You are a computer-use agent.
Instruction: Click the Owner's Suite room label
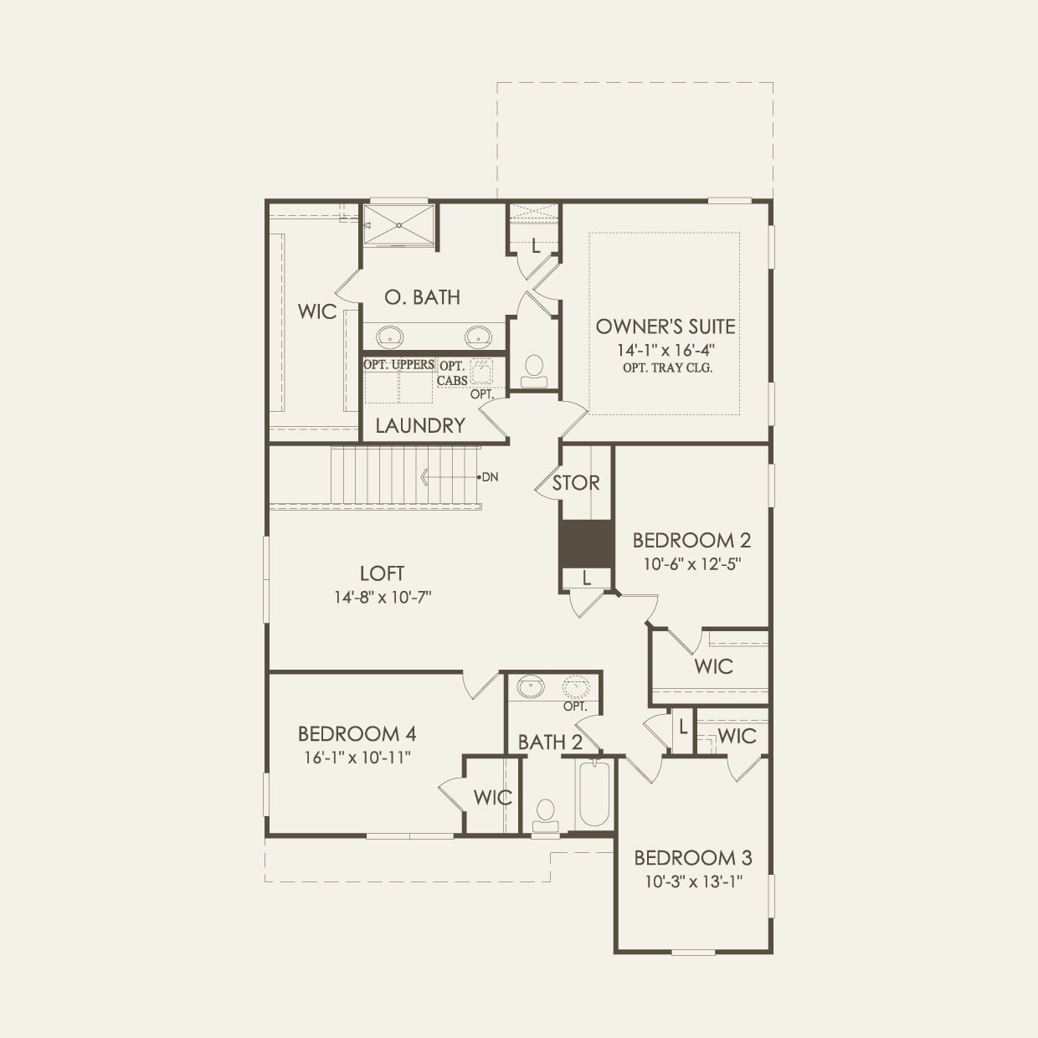coord(665,326)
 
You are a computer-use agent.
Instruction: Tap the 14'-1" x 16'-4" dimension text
coord(665,350)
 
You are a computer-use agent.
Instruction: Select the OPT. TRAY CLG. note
coord(667,368)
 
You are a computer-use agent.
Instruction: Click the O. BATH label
coord(422,297)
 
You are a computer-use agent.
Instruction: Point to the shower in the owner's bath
coord(398,224)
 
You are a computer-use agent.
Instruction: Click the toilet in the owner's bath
coord(533,369)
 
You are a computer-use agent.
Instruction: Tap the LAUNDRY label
coord(419,425)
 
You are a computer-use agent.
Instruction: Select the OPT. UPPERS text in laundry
coord(398,364)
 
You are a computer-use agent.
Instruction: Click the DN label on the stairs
coord(490,477)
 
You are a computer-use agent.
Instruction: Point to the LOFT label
coord(382,573)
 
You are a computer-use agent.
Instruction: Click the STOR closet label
coord(576,483)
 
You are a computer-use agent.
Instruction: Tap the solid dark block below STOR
coord(586,543)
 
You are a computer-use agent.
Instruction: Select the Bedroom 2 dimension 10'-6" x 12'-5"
coord(692,564)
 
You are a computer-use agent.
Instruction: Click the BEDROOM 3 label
coord(692,858)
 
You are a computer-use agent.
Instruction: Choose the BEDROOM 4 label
coord(357,734)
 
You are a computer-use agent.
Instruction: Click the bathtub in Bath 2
coord(594,794)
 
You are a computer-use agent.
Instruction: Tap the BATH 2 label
coord(550,742)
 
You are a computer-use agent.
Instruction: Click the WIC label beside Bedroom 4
coord(492,798)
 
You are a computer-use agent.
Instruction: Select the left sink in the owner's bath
coord(388,337)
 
